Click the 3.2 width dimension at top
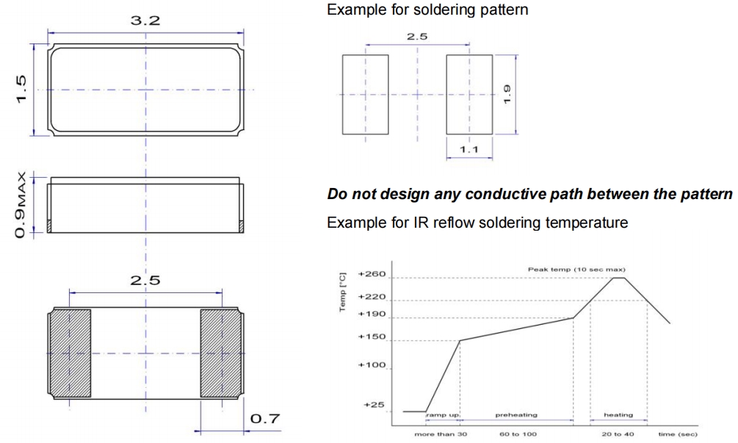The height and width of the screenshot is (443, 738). (x=145, y=21)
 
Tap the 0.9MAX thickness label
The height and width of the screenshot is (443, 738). (x=23, y=206)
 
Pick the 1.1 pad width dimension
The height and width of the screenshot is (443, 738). (x=468, y=150)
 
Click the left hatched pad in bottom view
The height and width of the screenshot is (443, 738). (x=70, y=353)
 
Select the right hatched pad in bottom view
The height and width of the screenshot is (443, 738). (x=222, y=353)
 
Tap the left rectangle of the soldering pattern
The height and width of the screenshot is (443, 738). (x=365, y=94)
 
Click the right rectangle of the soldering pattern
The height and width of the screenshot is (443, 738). (x=468, y=94)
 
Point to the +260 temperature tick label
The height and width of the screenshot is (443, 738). (x=372, y=275)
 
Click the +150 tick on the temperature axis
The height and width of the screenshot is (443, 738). (x=372, y=338)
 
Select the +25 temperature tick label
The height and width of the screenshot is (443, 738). (x=375, y=405)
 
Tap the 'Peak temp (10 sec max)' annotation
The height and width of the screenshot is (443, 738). (x=576, y=270)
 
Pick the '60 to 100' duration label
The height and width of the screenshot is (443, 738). (x=518, y=434)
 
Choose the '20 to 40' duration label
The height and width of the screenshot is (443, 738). (x=618, y=434)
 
